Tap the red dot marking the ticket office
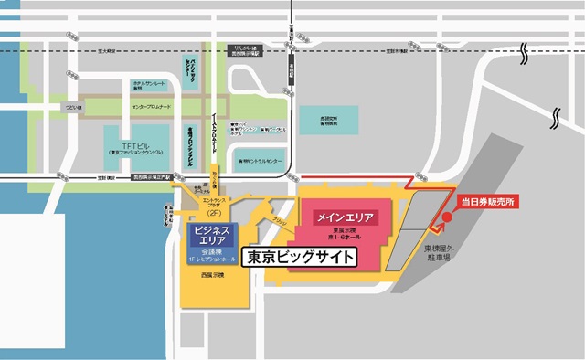tap(446, 217)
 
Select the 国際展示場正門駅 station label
tap(152, 176)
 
